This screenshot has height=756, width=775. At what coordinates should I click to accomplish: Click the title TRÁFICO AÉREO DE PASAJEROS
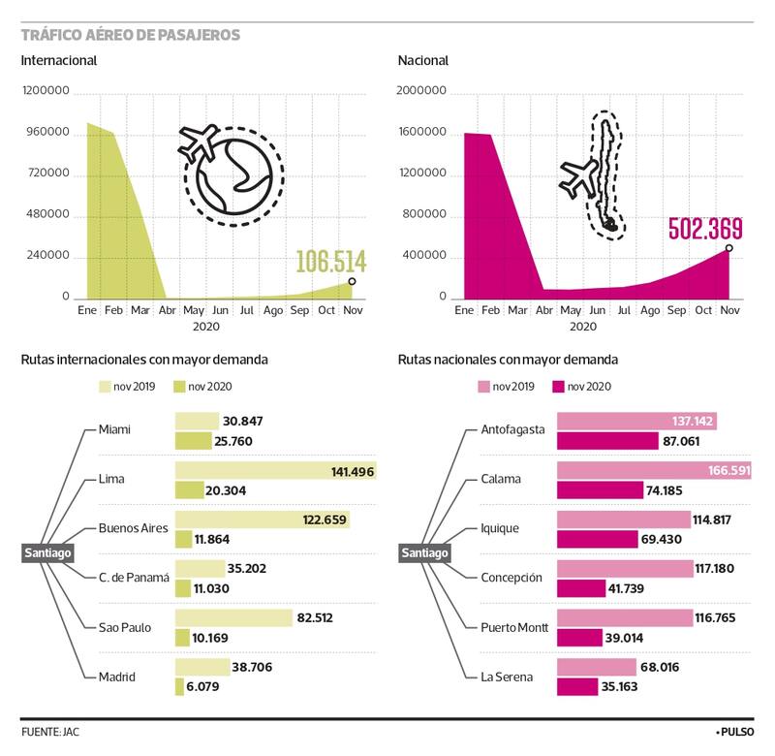[131, 35]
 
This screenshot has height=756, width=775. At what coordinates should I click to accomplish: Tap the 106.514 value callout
[330, 262]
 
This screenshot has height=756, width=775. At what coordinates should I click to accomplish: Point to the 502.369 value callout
[705, 230]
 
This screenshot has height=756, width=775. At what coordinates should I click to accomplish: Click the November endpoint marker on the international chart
[352, 281]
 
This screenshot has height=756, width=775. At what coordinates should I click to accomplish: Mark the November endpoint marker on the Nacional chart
[728, 248]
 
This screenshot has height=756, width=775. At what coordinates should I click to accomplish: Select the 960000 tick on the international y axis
[46, 133]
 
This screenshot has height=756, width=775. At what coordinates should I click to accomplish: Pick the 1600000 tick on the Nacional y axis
[422, 133]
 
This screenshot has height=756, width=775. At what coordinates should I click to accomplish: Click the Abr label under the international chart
[167, 310]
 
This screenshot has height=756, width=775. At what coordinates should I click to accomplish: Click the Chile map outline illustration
[607, 174]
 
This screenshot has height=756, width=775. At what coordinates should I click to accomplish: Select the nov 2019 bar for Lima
[274, 471]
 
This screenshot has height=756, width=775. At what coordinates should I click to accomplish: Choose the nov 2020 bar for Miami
[193, 441]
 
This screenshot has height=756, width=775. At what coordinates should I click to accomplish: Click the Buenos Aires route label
[134, 528]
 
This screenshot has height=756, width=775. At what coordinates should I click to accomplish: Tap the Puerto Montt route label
[514, 628]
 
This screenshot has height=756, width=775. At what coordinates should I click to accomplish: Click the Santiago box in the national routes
[424, 552]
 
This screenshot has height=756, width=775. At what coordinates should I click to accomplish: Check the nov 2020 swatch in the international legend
[178, 386]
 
